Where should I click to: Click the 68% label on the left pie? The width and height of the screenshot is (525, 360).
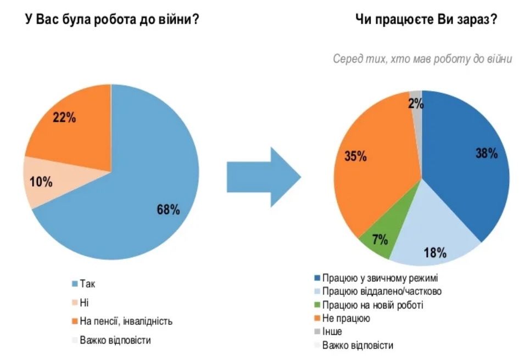[x=168, y=209]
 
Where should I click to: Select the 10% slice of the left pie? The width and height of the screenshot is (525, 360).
[x=40, y=182]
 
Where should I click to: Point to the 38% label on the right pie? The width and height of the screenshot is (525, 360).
[x=486, y=153]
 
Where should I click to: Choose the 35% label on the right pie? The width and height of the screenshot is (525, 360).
[x=355, y=156]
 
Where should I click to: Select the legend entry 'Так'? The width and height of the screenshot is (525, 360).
[x=87, y=284]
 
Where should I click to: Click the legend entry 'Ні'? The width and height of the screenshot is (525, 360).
[x=83, y=302]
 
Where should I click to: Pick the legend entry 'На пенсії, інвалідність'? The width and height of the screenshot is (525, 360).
[x=126, y=321]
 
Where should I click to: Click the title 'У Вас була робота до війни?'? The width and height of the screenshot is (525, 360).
[x=111, y=20]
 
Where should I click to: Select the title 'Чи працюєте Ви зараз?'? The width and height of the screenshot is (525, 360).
[x=428, y=20]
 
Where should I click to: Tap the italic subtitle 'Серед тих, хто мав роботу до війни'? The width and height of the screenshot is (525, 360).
[x=422, y=59]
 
